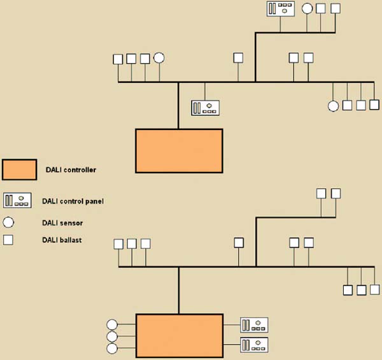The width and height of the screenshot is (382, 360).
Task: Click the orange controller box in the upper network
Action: click(179, 151)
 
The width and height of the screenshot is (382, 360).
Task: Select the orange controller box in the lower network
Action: click(180, 336)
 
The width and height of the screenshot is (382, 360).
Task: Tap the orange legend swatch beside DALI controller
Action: click(20, 169)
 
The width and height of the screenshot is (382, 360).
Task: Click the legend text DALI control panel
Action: click(73, 201)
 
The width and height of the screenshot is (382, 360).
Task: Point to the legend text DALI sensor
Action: click(62, 223)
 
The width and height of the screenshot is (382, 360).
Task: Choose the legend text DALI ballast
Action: click(62, 240)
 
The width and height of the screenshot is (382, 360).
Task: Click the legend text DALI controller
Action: click(71, 170)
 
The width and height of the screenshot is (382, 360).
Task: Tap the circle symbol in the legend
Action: click(8, 222)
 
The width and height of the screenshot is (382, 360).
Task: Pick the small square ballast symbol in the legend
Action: click(8, 240)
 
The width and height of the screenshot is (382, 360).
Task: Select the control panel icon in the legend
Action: click(17, 200)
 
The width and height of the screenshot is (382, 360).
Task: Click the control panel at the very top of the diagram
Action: click(281, 9)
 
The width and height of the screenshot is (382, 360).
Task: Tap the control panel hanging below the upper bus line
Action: click(205, 108)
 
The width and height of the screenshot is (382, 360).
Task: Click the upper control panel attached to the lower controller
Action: click(254, 325)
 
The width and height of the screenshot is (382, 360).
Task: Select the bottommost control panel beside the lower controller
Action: click(254, 345)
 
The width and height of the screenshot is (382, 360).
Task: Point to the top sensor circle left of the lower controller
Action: click(112, 325)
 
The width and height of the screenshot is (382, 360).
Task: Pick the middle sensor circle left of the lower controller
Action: click(112, 336)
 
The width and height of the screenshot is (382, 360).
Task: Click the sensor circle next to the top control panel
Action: click(307, 9)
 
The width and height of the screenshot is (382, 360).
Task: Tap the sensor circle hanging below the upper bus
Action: click(333, 106)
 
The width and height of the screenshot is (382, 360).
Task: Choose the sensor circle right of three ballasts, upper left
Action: click(159, 58)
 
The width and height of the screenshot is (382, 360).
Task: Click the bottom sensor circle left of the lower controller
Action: click(112, 349)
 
